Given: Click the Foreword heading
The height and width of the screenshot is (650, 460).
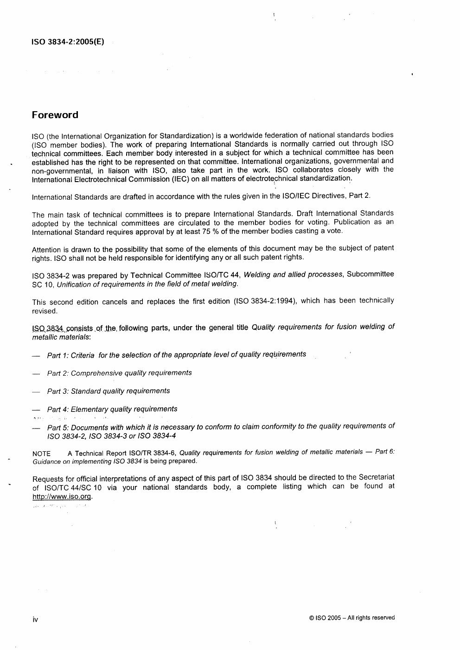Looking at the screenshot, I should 55,115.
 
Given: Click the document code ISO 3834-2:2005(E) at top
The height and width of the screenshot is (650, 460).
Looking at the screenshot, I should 68,42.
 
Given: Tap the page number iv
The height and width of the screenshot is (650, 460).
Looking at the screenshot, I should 35,619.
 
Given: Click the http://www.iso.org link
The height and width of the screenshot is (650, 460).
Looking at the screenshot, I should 62,497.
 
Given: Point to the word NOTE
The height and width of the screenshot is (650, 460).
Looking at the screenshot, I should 41,454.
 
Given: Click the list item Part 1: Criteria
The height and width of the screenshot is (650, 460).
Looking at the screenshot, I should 176,355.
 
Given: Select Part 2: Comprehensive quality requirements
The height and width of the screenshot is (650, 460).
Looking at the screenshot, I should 119,373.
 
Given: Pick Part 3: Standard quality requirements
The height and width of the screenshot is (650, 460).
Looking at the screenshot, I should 109,391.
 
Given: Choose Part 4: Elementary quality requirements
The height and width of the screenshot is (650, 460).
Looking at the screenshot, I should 112,409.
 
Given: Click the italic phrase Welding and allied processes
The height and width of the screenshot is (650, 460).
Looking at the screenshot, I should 293,275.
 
